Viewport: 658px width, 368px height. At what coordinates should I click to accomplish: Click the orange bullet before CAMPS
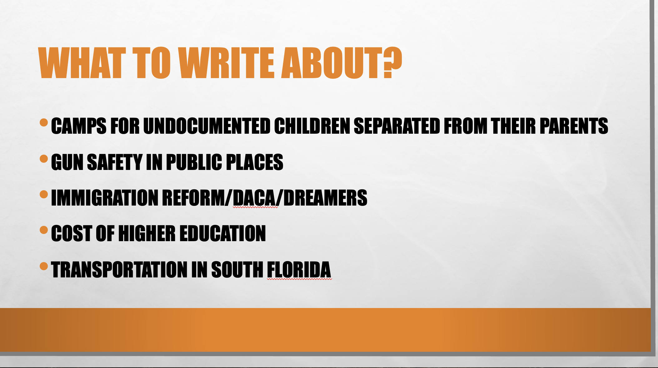(x=44, y=122)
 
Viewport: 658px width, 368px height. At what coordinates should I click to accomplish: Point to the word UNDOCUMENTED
(x=207, y=126)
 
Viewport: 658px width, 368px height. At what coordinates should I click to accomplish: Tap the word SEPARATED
(x=397, y=126)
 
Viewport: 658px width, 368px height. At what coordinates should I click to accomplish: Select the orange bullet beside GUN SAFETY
(x=44, y=159)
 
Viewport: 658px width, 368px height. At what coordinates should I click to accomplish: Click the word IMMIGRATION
(x=105, y=198)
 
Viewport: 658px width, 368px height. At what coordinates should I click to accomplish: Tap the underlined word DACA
(x=255, y=198)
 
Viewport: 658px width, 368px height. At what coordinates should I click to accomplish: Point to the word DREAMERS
(x=325, y=198)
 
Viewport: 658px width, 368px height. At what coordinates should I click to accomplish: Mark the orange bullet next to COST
(x=44, y=230)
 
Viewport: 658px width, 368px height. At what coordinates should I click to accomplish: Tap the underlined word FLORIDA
(x=299, y=270)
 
